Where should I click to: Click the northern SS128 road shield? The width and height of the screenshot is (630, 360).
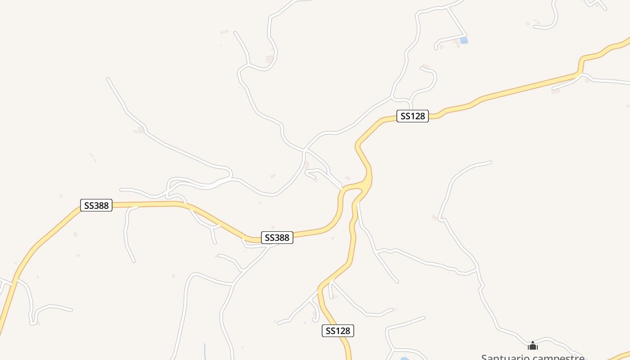tap(412, 116)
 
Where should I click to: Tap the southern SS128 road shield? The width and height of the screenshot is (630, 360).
tap(338, 331)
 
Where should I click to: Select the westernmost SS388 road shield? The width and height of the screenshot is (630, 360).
tap(96, 205)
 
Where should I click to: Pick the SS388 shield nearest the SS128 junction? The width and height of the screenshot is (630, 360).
tap(277, 238)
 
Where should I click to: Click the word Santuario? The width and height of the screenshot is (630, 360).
tap(507, 357)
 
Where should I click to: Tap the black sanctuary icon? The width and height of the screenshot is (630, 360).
tap(533, 346)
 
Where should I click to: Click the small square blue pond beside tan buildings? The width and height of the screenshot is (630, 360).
tap(463, 40)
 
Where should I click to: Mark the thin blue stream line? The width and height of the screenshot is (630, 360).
tap(205, 351)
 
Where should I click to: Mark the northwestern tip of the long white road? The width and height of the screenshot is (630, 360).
tap(108, 79)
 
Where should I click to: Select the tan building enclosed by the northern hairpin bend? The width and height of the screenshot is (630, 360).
tap(270, 59)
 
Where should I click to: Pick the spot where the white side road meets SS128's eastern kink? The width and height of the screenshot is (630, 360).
tap(580, 75)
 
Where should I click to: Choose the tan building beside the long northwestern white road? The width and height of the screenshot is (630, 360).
tap(140, 130)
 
